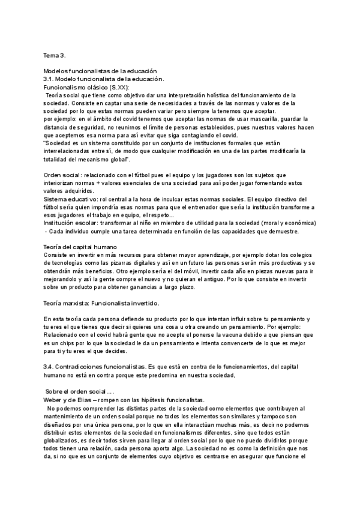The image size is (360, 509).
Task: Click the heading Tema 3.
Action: pos(55,55)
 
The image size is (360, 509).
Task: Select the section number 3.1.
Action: pos(50,79)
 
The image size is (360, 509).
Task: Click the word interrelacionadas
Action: pos(68,152)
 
